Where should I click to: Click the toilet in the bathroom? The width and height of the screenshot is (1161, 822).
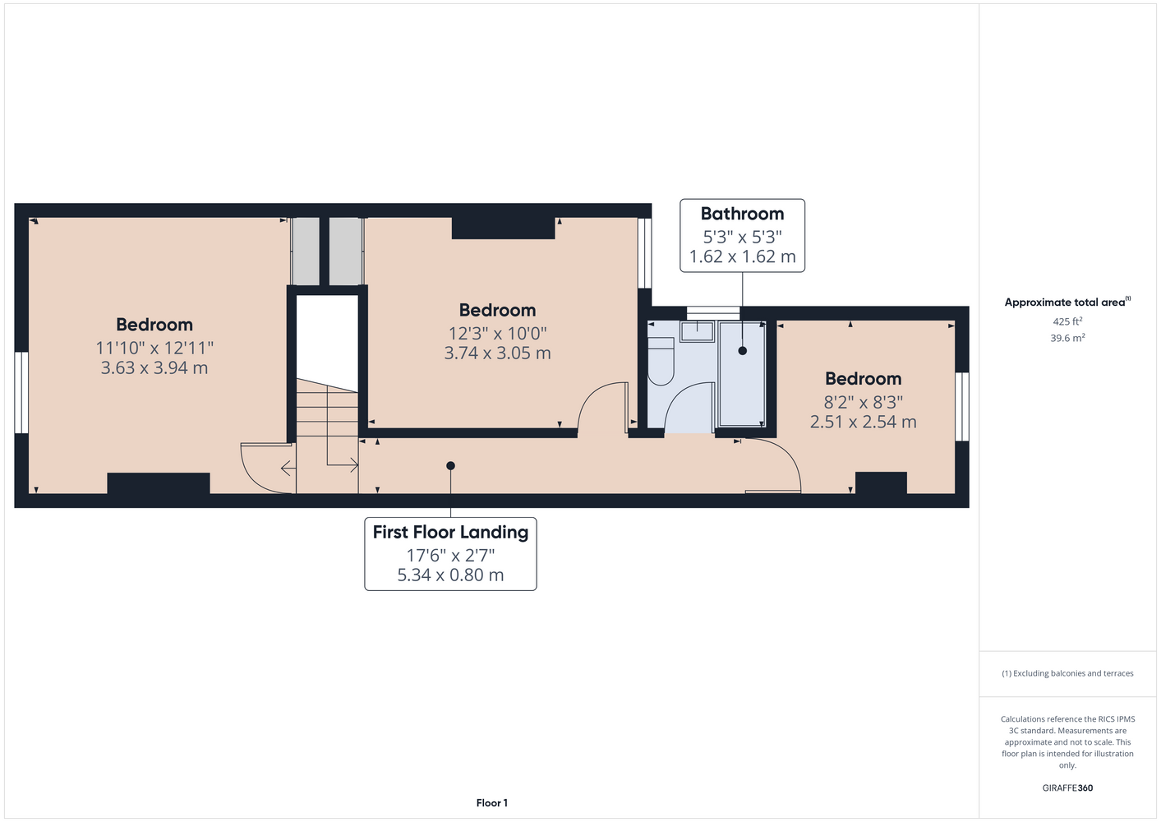(661, 361)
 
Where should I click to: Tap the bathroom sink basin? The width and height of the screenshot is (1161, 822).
(697, 331)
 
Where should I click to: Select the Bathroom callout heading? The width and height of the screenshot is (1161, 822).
(742, 214)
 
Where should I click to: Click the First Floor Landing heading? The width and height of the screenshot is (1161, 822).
(450, 532)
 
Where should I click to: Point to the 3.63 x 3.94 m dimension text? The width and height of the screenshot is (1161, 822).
(154, 367)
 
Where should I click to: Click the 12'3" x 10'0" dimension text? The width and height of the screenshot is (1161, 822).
(498, 334)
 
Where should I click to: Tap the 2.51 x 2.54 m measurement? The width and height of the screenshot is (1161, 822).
(863, 422)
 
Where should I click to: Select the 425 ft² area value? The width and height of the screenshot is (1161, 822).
(1067, 321)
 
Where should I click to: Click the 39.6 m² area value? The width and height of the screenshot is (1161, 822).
(1067, 338)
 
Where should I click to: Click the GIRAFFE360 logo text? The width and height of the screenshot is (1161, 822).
(1067, 787)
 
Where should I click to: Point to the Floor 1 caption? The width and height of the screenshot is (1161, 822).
(492, 803)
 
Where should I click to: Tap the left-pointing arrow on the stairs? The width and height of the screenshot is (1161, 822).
(288, 469)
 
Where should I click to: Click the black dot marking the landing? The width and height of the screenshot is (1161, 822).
(450, 466)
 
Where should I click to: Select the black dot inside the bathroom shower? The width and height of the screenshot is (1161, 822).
(742, 350)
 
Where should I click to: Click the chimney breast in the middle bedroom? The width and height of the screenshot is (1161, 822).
(504, 229)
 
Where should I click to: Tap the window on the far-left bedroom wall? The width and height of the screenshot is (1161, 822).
(21, 393)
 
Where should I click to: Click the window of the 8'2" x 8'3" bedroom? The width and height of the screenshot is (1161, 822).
(962, 407)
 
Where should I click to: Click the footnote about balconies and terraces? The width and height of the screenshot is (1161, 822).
(1067, 673)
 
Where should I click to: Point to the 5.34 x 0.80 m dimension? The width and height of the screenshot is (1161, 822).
(450, 575)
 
